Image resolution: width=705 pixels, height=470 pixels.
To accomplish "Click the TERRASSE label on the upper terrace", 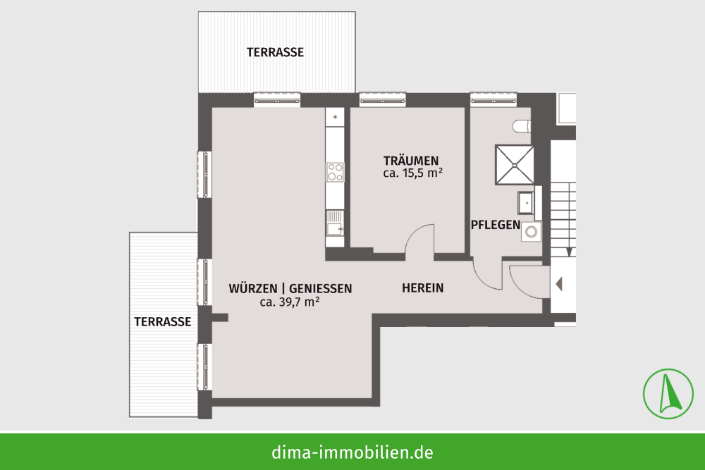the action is pos(275,52).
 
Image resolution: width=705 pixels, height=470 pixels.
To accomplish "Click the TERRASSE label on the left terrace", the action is pos(163,322).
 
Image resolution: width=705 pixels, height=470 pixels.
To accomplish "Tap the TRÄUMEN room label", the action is pos(411,161).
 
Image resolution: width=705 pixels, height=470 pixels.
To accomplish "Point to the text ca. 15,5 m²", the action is pos(412,173).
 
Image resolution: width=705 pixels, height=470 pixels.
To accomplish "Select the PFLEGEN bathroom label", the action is pos(496,225).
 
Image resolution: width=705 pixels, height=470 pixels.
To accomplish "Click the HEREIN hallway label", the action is pos(422,288).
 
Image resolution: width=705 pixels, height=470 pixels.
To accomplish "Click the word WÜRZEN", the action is pos(252,288).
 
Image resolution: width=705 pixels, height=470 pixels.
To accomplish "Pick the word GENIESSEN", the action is pos(320,288).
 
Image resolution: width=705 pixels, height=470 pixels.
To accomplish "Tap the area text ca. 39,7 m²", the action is pos(290,302).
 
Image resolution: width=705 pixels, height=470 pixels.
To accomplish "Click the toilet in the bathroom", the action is pos(522,126).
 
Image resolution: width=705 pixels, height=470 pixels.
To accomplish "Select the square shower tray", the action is pos(515,164).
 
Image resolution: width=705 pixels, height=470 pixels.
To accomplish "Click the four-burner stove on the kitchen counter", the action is pos(335,172).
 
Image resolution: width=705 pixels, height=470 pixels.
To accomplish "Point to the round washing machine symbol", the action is pos(532,232).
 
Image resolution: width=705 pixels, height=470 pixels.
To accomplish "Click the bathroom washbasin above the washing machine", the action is pos(525,203).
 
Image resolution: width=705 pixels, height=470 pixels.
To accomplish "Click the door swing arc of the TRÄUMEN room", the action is pos(415,234).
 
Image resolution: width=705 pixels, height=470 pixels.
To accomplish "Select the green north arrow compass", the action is pos(668,394).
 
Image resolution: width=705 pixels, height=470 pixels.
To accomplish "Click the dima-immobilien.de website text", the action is pos(352,452).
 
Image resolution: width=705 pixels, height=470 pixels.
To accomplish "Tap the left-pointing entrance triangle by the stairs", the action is pos(559,284).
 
